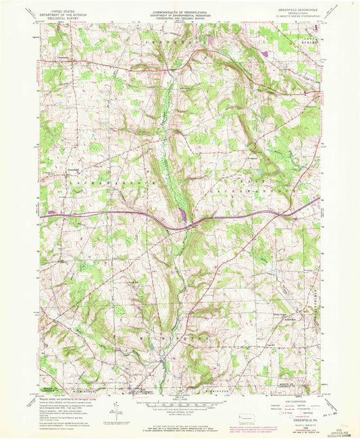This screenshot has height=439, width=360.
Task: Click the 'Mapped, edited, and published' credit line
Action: click(x=57, y=400)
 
